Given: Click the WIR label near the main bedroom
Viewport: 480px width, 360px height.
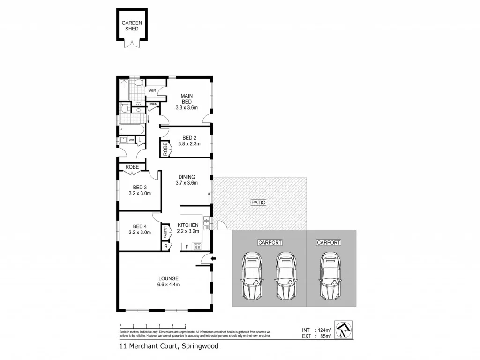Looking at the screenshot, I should pos(152,90).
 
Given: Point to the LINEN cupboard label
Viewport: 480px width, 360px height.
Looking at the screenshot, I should pos(153,104).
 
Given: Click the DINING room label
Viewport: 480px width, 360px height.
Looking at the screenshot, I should pos(187,177).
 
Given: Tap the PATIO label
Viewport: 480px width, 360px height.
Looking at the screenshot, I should pos(258,203).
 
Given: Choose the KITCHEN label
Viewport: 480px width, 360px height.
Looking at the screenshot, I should pos(187,225).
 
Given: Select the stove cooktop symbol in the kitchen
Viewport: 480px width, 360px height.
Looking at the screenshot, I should pos(198,247).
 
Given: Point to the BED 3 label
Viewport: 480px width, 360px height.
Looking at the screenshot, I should pos(140,187).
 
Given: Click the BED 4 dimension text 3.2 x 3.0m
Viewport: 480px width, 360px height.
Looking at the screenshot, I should pos(140,232).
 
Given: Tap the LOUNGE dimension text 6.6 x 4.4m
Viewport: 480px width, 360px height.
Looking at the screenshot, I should pos(168,285).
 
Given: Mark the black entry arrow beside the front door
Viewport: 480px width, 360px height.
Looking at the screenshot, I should pos(214,258).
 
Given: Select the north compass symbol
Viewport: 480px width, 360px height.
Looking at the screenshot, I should pos(345,330).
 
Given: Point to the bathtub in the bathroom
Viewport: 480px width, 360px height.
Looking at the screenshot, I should pos(131,128).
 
